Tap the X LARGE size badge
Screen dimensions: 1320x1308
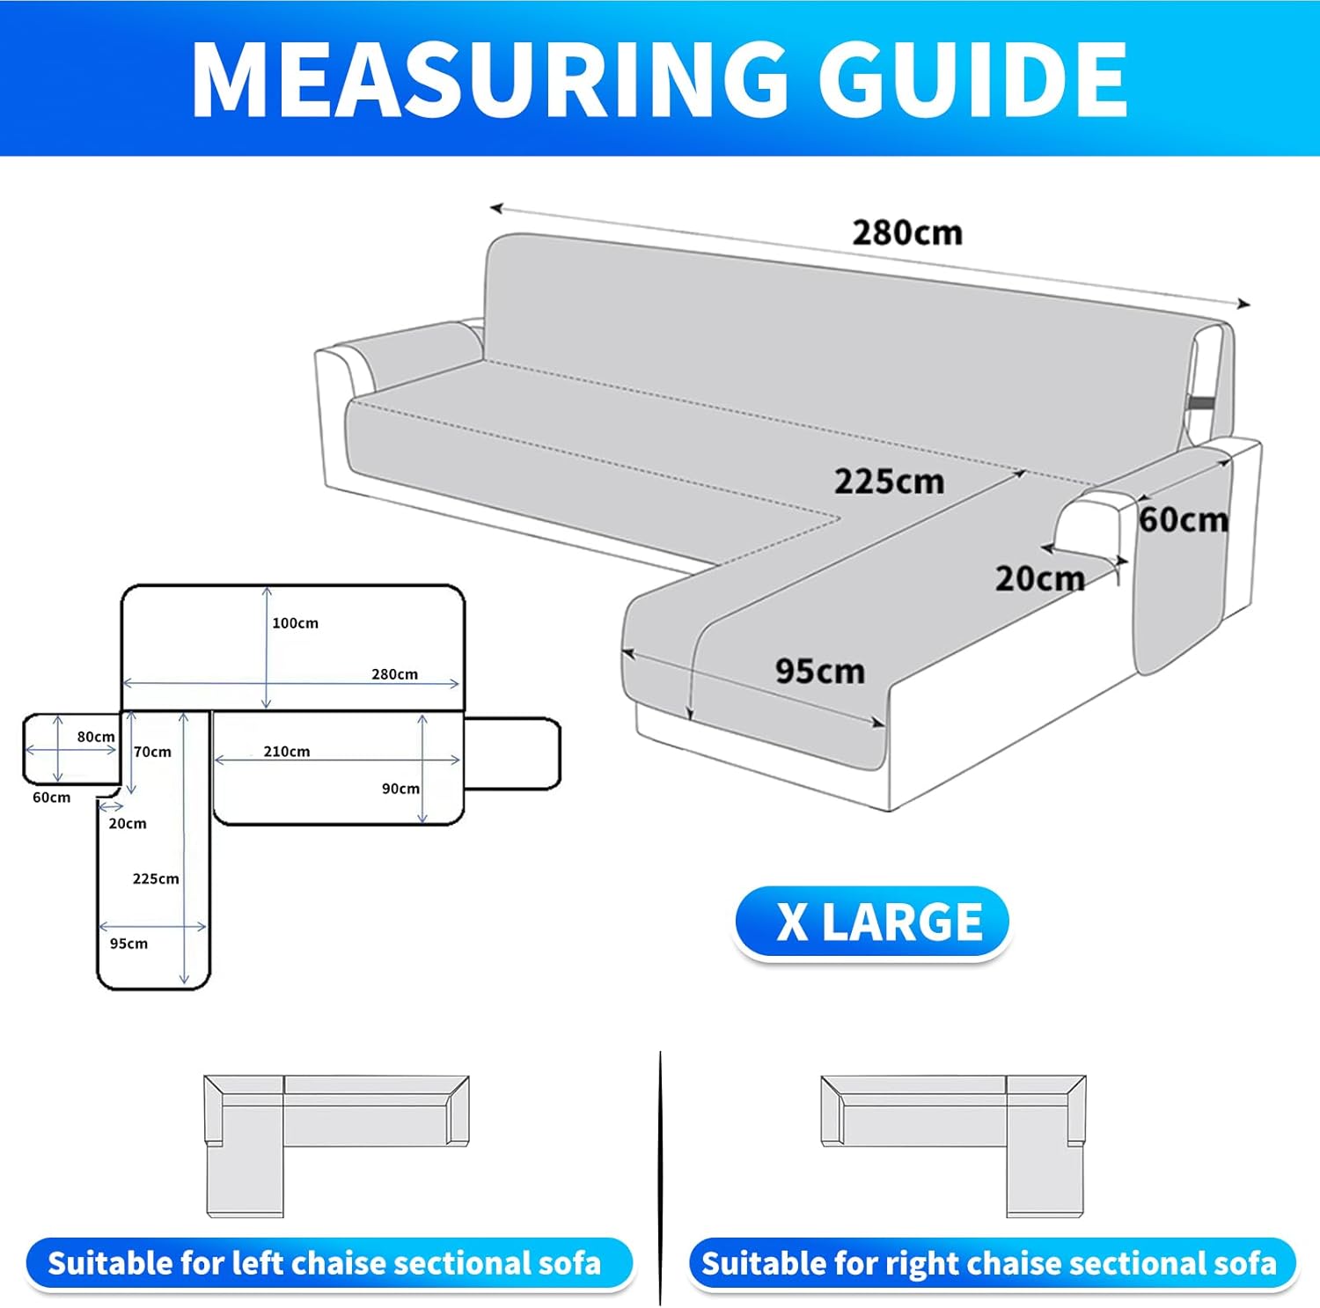point(871,922)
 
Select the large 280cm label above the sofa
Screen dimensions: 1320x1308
point(907,233)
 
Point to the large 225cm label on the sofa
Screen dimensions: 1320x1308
point(889,481)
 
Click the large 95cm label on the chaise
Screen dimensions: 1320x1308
point(820,672)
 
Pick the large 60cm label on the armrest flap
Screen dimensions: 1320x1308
point(1184,520)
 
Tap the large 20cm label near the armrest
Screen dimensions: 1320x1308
point(1040,579)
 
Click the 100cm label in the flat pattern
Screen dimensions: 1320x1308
point(296,623)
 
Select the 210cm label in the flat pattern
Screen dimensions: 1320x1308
point(287,752)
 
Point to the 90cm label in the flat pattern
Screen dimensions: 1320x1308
point(400,789)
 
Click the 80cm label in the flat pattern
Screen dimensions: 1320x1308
point(96,737)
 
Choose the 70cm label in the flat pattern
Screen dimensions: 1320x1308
point(152,752)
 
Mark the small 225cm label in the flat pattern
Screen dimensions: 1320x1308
point(156,878)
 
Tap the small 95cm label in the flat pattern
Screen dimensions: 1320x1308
point(128,944)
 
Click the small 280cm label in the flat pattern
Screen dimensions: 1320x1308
point(394,674)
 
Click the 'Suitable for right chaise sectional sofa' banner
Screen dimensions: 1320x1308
point(992,1264)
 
